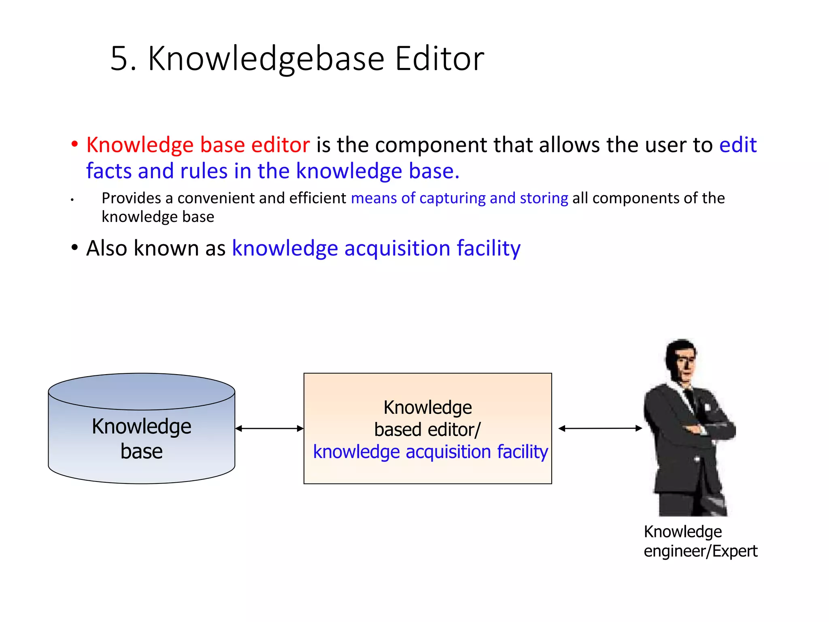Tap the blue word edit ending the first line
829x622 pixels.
click(738, 145)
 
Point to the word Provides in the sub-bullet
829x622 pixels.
click(131, 198)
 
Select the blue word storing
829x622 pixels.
click(544, 198)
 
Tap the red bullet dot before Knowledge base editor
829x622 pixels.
click(74, 144)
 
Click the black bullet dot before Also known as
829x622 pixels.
click(74, 247)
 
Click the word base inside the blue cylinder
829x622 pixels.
click(141, 452)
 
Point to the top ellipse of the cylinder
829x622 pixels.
click(141, 391)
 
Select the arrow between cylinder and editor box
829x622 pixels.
click(269, 428)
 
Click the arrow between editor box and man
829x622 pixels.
click(600, 428)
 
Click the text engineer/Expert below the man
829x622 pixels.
click(700, 552)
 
